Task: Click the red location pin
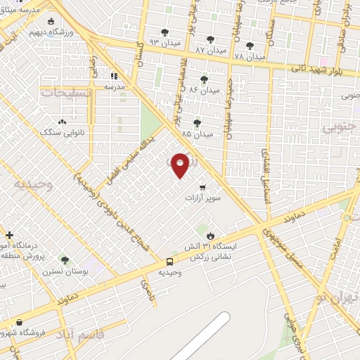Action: coord(181,165)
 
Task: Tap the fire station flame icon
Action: coord(210,235)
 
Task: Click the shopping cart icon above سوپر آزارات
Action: coord(202,187)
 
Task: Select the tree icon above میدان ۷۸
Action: coord(250,46)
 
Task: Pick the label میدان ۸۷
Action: coord(211,51)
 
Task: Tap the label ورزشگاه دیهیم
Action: coord(47,32)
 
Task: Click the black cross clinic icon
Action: coord(8,235)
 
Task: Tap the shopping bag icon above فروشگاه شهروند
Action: coord(19,322)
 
